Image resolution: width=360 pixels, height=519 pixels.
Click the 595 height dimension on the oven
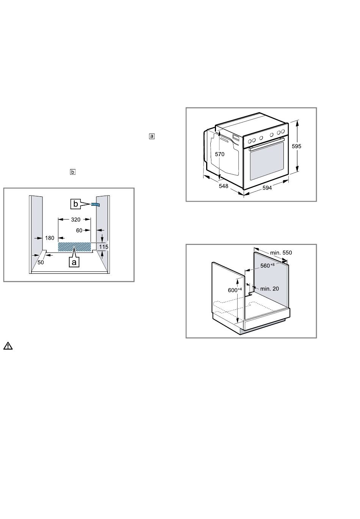pyautogui.click(x=296, y=146)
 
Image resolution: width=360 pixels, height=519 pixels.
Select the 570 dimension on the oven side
pyautogui.click(x=220, y=154)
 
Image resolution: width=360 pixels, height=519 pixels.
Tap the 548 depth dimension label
pyautogui.click(x=223, y=186)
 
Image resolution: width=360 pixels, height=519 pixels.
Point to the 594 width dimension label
pyautogui.click(x=267, y=188)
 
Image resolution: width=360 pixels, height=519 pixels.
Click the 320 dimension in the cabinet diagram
pyautogui.click(x=75, y=220)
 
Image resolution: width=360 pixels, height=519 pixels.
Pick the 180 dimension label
pyautogui.click(x=50, y=238)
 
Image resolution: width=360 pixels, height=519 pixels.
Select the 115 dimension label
pyautogui.click(x=103, y=247)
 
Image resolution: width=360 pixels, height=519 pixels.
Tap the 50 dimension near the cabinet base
pyautogui.click(x=41, y=262)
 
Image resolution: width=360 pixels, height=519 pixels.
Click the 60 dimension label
pyautogui.click(x=79, y=230)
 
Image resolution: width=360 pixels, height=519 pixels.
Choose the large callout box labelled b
pyautogui.click(x=75, y=204)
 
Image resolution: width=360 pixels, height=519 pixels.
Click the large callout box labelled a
pyautogui.click(x=74, y=262)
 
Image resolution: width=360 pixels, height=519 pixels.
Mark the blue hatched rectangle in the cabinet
pyautogui.click(x=74, y=247)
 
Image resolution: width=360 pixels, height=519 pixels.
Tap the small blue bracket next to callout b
pyautogui.click(x=95, y=204)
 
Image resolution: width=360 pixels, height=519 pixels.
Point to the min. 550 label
pyautogui.click(x=281, y=252)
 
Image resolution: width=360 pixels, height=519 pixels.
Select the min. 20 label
pyautogui.click(x=269, y=289)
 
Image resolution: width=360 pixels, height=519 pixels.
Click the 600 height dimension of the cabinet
pyautogui.click(x=235, y=290)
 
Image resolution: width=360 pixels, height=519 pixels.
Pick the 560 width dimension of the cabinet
pyautogui.click(x=267, y=265)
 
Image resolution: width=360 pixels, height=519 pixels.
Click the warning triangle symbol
pyautogui.click(x=8, y=346)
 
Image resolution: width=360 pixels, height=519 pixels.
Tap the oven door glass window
pyautogui.click(x=267, y=161)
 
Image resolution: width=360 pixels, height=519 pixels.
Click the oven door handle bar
pyautogui.click(x=266, y=144)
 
